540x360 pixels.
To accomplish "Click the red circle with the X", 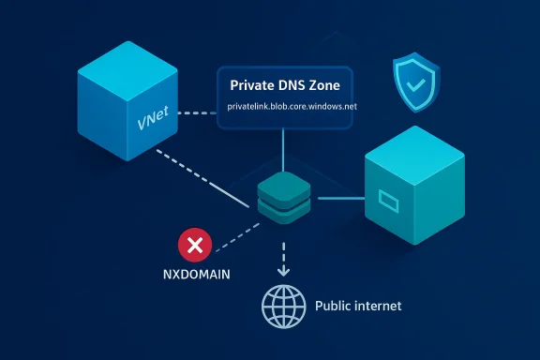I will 195,247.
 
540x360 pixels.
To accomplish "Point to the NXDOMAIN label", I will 195,277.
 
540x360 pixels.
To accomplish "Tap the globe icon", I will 282,307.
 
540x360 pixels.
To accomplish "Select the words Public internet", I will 357,307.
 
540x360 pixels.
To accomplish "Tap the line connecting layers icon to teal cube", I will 337,198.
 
